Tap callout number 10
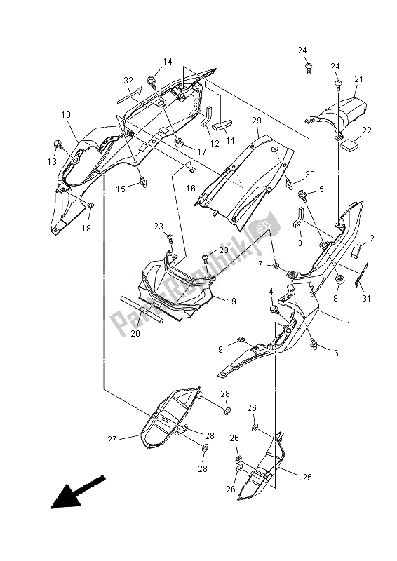point(65,114)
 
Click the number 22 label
point(366,130)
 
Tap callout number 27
point(112,440)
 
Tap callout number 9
point(220,349)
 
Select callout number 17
point(201,151)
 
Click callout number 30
point(310,175)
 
